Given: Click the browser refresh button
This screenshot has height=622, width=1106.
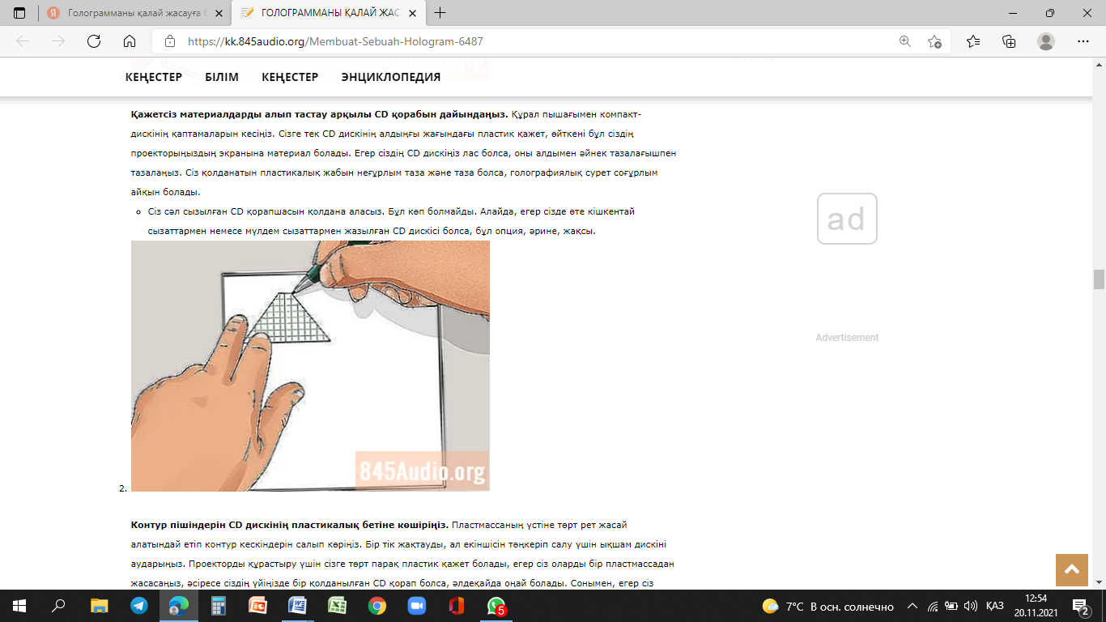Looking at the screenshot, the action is click(94, 41).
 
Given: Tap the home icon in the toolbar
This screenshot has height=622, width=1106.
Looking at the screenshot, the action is click(130, 41).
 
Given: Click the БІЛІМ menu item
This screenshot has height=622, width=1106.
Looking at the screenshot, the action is click(222, 77).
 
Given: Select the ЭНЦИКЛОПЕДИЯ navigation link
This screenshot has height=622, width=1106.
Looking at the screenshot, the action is click(390, 77).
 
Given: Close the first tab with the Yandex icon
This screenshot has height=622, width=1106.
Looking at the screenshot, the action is click(219, 13).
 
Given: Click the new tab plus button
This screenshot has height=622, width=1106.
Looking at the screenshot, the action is click(440, 13).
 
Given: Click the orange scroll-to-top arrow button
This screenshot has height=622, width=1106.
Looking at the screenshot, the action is click(1071, 569).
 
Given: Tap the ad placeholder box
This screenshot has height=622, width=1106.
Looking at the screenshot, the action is click(847, 219).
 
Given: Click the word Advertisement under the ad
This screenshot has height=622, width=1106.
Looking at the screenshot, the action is click(847, 338).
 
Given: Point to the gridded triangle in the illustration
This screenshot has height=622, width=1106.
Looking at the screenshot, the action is click(289, 318).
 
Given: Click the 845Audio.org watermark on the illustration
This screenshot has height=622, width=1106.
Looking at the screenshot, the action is click(422, 471).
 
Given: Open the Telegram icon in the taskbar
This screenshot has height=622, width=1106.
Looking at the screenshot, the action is click(138, 606).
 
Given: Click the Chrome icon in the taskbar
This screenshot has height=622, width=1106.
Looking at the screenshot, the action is click(376, 606).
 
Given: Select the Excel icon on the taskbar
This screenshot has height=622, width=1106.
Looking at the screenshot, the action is click(338, 606).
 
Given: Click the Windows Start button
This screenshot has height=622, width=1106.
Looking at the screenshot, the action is click(19, 606).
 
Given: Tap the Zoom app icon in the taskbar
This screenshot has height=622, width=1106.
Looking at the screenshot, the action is click(417, 606).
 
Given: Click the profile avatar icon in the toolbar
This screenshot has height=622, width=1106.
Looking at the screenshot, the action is click(1045, 41).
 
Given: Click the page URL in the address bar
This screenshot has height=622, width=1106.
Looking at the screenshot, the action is click(335, 41).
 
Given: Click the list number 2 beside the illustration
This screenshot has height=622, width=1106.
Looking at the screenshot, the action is click(123, 488).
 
